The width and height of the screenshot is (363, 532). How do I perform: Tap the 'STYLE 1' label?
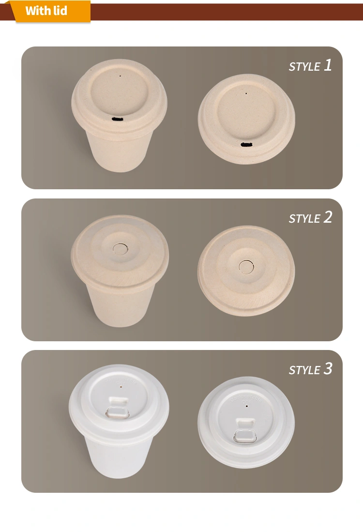tap(310, 65)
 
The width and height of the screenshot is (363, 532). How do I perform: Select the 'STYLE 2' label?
tap(310, 217)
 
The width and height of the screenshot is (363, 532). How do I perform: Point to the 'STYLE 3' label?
tap(310, 369)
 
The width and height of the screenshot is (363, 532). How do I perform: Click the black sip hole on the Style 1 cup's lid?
tap(118, 119)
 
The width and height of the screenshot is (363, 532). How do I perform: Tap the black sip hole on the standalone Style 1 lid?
tap(247, 145)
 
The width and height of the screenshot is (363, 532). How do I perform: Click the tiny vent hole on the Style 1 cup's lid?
tap(120, 76)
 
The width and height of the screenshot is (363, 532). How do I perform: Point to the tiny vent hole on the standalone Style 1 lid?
tap(246, 93)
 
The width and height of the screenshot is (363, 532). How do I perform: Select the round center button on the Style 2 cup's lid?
tap(121, 249)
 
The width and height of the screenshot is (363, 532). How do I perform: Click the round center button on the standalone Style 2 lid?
tap(247, 267)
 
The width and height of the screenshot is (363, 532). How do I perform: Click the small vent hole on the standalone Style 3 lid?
tap(247, 406)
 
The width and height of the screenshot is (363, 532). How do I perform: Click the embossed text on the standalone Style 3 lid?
tap(247, 399)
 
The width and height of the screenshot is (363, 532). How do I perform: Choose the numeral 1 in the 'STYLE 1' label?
tap(328, 65)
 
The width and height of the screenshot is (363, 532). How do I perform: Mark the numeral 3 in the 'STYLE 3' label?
tap(328, 369)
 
